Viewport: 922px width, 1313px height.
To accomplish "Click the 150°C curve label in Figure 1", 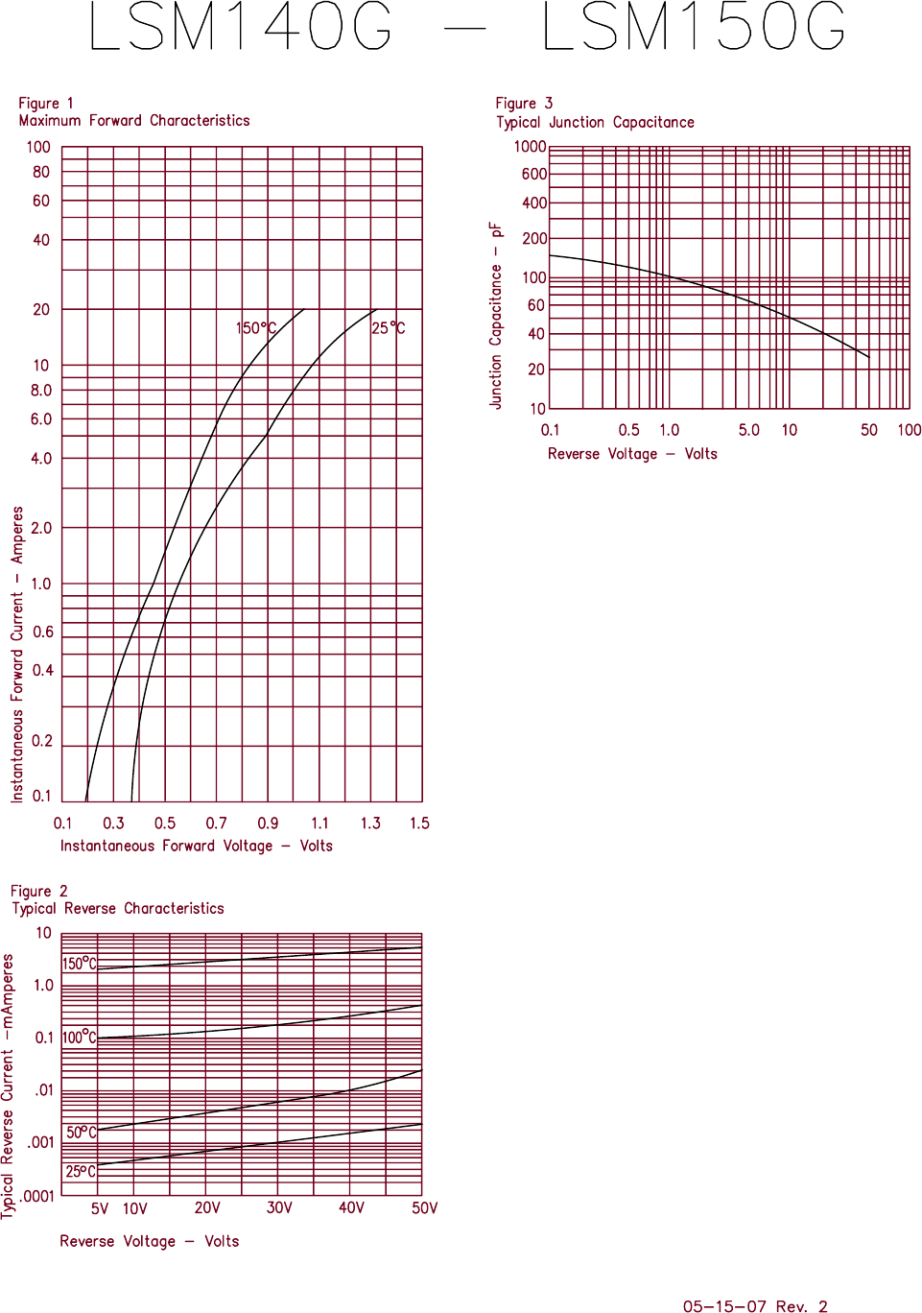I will click(x=256, y=328).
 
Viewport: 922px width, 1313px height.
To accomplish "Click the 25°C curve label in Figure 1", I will click(x=388, y=328).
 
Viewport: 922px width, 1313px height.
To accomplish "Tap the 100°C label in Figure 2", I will click(x=79, y=1038).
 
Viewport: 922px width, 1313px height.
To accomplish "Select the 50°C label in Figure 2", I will click(x=81, y=1133).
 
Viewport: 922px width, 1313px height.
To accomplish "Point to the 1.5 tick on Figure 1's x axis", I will click(x=419, y=824).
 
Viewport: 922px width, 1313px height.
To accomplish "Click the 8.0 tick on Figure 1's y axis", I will click(x=41, y=391).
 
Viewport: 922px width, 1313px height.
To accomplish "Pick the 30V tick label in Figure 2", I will click(x=279, y=1207).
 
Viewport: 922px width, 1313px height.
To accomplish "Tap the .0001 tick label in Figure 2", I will click(x=37, y=1196).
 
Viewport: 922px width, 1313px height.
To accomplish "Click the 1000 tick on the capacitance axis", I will click(x=530, y=147).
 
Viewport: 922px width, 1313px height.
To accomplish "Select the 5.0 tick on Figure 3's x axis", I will click(x=748, y=430).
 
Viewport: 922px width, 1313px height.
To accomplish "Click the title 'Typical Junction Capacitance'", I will click(x=595, y=123).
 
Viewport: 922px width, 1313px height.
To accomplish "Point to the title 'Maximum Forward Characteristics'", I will click(x=134, y=121).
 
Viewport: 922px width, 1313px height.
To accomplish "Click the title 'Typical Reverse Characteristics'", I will click(x=118, y=909).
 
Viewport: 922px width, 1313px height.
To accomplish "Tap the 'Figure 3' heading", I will click(x=524, y=104).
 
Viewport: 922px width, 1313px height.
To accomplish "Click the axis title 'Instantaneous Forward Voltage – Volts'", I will click(x=197, y=846).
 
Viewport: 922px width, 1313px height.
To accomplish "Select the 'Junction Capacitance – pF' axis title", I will click(x=496, y=316).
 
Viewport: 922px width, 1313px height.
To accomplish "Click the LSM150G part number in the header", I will click(x=694, y=27).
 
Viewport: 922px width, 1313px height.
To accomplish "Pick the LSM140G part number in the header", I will click(x=241, y=27).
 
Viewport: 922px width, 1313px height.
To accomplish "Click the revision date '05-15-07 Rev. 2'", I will click(x=754, y=1306).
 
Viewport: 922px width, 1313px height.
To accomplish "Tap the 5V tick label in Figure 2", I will click(x=100, y=1208).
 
